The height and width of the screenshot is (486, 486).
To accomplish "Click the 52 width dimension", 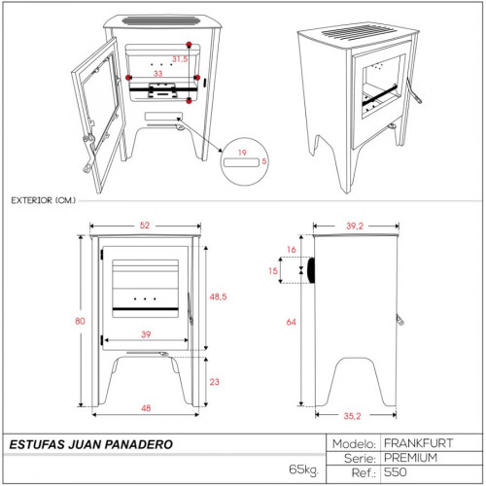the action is point(145,226).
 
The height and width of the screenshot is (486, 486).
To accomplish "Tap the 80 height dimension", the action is point(80,321).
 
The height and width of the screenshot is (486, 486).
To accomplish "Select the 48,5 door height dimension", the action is point(218,296).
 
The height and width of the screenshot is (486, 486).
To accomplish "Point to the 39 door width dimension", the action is point(146,334).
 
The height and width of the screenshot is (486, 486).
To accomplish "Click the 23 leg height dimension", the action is point(215,382).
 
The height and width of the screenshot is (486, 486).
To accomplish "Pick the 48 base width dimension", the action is point(146,408).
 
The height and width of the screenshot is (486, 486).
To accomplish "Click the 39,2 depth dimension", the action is point(355,226).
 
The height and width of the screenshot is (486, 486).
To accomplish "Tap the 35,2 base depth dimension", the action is point(352,416).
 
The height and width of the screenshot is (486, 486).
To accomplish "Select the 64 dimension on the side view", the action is point(291,322).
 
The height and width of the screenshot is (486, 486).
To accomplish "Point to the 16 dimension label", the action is point(292,250).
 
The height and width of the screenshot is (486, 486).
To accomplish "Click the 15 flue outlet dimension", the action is point(273,270).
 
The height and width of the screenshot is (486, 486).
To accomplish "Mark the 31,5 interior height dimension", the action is point(180,59).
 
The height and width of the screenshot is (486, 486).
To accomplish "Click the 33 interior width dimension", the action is point(157,74).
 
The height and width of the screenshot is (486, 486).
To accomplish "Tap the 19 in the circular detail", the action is point(242,153).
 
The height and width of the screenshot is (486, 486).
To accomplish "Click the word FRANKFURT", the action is point(418,443).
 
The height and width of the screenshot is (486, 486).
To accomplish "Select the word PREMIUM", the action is point(410,458).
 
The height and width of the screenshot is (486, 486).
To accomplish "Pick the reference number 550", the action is point(396,472).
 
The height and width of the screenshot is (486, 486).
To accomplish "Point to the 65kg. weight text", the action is point(304,469).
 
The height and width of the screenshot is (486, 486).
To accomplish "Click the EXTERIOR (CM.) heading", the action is point(44,200).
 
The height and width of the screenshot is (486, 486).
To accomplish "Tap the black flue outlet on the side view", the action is point(312,270).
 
